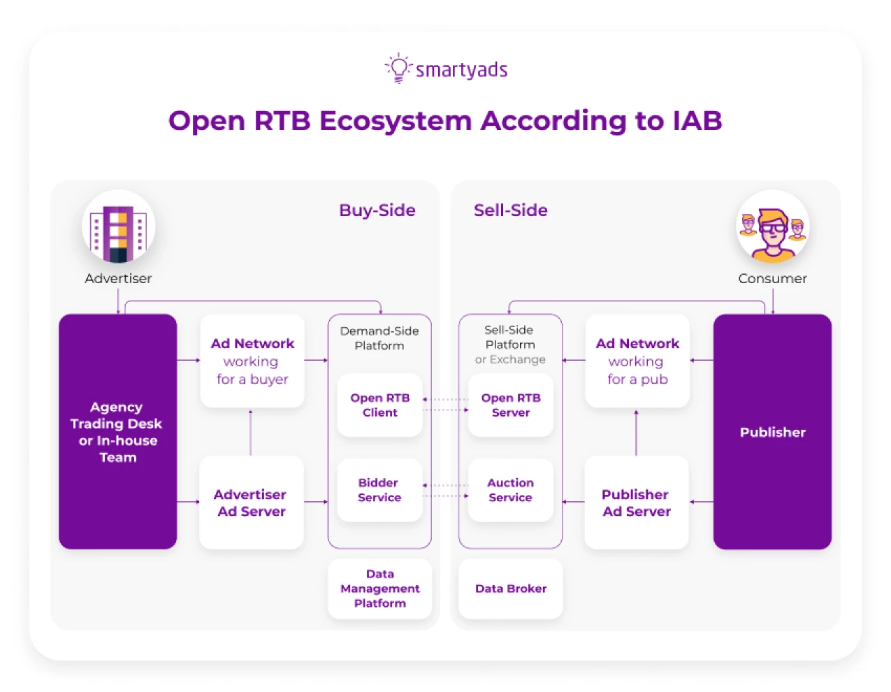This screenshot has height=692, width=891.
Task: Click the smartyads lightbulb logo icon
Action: coord(398,69)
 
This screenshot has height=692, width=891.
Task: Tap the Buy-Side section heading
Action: coord(377,210)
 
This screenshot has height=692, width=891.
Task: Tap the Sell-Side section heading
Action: coord(510,210)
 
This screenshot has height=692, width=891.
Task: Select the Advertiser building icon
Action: coord(118,227)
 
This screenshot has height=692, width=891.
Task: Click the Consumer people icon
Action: coord(772,227)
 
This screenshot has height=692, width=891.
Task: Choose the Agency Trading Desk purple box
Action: coord(117,431)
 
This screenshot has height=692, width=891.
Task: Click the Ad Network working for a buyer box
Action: coord(252,361)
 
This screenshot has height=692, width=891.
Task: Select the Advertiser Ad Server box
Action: coord(251,502)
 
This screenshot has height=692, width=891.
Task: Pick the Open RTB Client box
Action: coord(379,405)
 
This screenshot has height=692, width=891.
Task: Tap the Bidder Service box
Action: coord(379,490)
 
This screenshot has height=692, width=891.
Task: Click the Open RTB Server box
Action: coord(510,405)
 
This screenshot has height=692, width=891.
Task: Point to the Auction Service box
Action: coord(510,490)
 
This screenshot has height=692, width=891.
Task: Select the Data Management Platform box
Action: coord(379,589)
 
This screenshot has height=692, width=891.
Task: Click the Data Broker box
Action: coord(510,589)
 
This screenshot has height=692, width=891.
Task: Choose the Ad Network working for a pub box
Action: coord(637,361)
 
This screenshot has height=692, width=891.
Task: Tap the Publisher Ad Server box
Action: coord(636,502)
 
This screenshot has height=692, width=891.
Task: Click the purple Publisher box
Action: coord(772,431)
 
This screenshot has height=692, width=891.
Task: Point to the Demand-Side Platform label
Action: coord(379,338)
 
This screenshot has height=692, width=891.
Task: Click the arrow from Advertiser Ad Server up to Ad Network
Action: coord(250,433)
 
